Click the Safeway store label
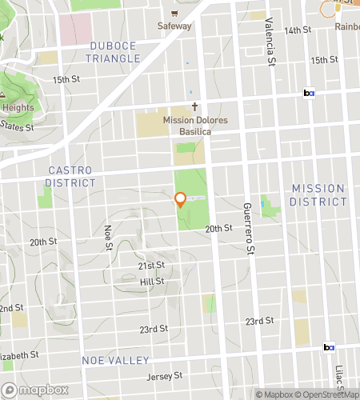[x=174, y=26]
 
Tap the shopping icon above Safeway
[x=174, y=14]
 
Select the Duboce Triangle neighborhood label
[x=114, y=52]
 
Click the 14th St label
[x=298, y=30]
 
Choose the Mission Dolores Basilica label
[x=194, y=121]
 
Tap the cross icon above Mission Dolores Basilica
[x=194, y=106]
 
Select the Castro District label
[x=70, y=176]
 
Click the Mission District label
[x=318, y=194]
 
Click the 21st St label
[x=151, y=265]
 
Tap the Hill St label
[x=152, y=282]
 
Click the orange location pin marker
[x=181, y=199]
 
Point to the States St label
[x=17, y=126]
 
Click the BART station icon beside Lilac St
[x=329, y=347]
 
